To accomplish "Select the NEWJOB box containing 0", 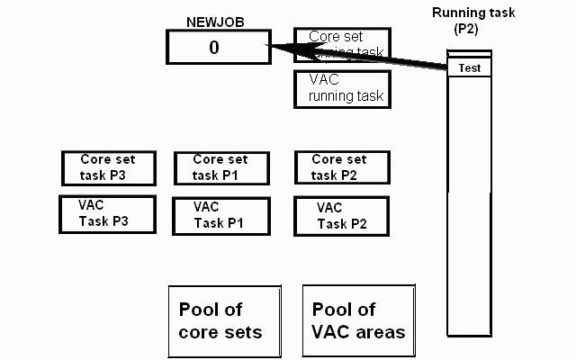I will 218,47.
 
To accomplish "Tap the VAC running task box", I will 342,87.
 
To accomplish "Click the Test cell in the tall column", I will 469,68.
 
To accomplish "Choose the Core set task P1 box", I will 220,167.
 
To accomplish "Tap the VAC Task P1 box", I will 220,216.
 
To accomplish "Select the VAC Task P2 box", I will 342,216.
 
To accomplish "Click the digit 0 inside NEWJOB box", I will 213,48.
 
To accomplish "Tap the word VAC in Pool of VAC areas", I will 331,332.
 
